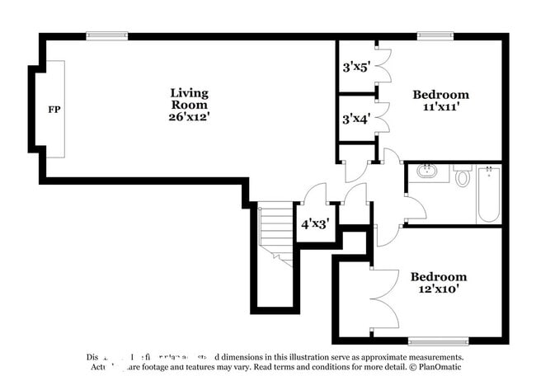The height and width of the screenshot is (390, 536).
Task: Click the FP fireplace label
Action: pyautogui.click(x=54, y=110)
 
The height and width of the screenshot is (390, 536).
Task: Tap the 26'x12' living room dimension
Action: pyautogui.click(x=189, y=117)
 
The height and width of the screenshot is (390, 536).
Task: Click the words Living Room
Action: pyautogui.click(x=189, y=99)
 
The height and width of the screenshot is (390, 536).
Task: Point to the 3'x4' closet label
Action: pyautogui.click(x=356, y=119)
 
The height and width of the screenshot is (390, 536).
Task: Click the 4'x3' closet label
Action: pyautogui.click(x=314, y=223)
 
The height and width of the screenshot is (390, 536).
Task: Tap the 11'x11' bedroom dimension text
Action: pyautogui.click(x=440, y=107)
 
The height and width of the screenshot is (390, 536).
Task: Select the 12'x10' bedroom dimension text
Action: pyautogui.click(x=438, y=289)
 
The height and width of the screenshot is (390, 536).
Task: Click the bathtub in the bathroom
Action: pyautogui.click(x=488, y=195)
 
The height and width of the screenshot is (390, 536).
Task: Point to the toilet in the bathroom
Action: pyautogui.click(x=462, y=176)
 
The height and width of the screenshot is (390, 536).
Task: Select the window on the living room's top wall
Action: pyautogui.click(x=106, y=35)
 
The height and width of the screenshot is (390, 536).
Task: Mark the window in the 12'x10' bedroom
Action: pyautogui.click(x=438, y=341)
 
